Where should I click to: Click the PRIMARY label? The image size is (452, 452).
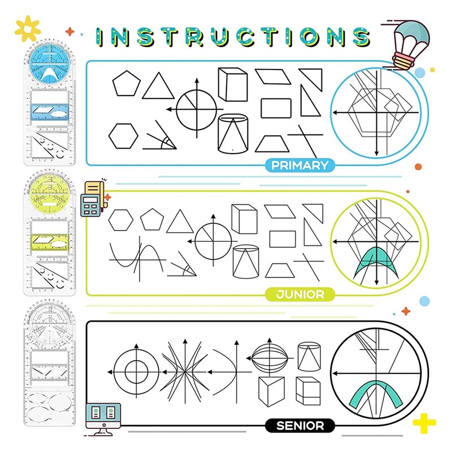299,165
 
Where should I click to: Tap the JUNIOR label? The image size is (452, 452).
299,294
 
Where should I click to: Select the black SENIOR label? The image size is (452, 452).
299,425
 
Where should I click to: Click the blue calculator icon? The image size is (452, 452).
90,206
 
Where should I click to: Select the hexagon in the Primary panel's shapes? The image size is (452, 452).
123,136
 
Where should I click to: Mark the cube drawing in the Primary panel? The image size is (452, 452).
232,84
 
